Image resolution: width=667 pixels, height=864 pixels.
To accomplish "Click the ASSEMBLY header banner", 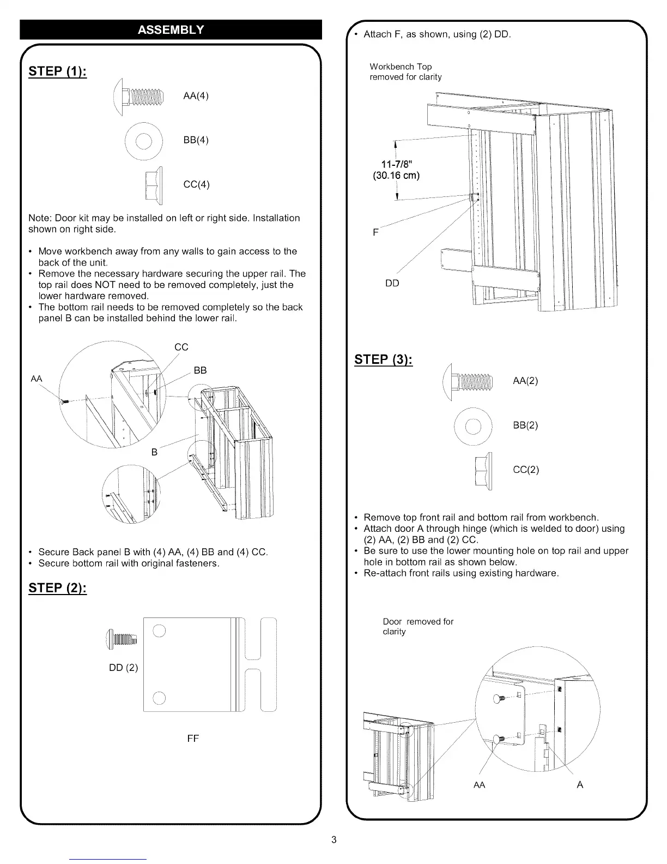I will (x=171, y=29).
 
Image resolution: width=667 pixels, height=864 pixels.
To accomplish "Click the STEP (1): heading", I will (x=57, y=72).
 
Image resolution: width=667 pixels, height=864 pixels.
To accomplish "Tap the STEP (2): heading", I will (x=57, y=588).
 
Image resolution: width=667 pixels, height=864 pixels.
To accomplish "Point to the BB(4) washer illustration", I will (x=144, y=140).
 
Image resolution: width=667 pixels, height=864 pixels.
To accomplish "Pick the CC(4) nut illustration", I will (x=154, y=184).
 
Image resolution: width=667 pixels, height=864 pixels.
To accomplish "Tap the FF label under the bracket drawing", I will (x=193, y=739).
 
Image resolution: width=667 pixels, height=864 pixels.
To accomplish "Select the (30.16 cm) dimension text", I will (x=396, y=176).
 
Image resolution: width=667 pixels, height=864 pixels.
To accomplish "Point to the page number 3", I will (x=334, y=839).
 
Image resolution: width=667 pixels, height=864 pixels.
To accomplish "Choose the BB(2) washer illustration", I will (x=472, y=425).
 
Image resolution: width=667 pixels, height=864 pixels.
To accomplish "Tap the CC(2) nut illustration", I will (x=484, y=470).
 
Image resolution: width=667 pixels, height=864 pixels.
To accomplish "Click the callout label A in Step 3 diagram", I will (x=580, y=784).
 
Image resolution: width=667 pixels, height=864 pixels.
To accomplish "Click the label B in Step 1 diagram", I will (x=154, y=452).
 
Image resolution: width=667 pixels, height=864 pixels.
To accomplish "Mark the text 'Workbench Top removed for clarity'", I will (x=405, y=72).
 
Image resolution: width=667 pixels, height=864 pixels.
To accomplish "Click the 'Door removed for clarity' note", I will (x=417, y=626).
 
